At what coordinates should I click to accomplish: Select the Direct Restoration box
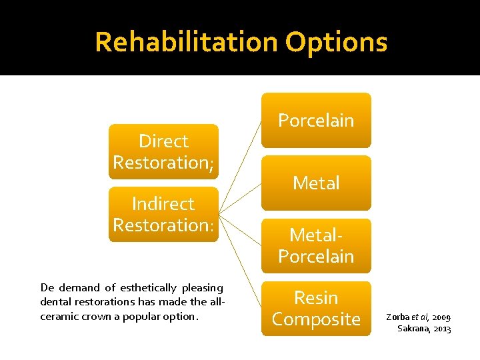pyautogui.click(x=163, y=151)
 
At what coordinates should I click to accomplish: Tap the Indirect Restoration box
pyautogui.click(x=163, y=214)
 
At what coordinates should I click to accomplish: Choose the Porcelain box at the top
pyautogui.click(x=315, y=120)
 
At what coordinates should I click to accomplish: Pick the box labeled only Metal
pyautogui.click(x=315, y=183)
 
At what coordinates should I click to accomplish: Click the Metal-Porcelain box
pyautogui.click(x=315, y=245)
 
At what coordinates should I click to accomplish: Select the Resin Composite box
pyautogui.click(x=315, y=308)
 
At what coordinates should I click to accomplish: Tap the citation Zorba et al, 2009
pyautogui.click(x=418, y=317)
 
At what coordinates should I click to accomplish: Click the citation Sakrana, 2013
pyautogui.click(x=424, y=329)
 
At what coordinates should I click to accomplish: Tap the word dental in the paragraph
pyautogui.click(x=55, y=302)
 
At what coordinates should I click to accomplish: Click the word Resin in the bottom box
pyautogui.click(x=315, y=297)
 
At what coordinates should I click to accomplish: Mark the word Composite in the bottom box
pyautogui.click(x=315, y=319)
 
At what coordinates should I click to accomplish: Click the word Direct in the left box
pyautogui.click(x=163, y=141)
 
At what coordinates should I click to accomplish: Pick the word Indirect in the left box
pyautogui.click(x=163, y=204)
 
